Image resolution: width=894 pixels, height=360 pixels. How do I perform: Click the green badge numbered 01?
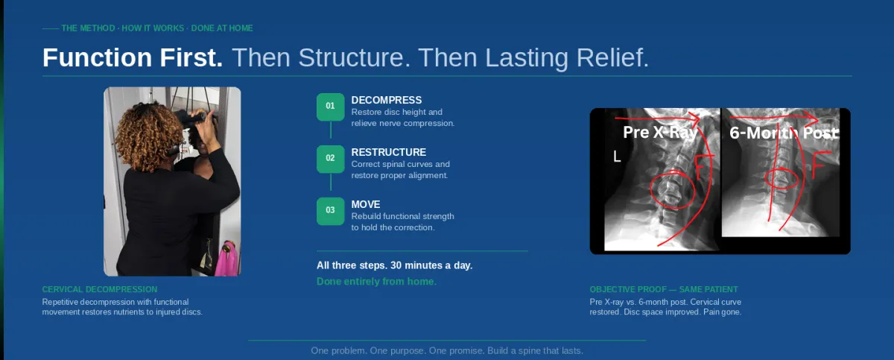point(331,107)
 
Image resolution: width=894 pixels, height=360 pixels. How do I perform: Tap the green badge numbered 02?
point(331,159)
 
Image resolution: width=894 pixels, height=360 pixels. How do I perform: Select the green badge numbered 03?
point(331,211)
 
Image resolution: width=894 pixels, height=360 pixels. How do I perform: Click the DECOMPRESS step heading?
point(387,100)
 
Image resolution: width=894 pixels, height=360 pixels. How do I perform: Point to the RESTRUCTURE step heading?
point(389,152)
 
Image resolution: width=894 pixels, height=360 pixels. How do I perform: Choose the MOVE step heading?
point(366,204)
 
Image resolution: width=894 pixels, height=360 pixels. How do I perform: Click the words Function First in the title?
point(133,57)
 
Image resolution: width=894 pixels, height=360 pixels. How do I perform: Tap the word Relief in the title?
point(612,57)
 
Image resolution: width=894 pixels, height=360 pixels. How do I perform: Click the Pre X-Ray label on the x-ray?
point(660,132)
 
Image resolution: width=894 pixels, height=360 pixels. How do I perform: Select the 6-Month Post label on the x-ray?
point(784,133)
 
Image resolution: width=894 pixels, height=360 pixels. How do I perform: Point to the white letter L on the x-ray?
point(617,157)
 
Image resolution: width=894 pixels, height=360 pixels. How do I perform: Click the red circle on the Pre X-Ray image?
point(650,192)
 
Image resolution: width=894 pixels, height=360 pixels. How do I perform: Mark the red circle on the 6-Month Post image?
point(765,179)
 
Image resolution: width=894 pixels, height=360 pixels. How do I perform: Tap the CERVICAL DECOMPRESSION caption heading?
point(100,289)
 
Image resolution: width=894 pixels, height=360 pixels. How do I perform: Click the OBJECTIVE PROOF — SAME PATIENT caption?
point(664,289)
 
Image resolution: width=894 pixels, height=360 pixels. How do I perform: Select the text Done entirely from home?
point(376,282)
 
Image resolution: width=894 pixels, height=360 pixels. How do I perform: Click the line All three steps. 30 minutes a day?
point(394,265)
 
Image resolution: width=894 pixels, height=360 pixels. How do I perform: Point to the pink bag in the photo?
point(226,259)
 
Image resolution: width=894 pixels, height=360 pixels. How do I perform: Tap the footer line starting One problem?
point(447,351)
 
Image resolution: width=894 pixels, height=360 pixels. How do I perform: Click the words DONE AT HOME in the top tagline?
point(222,28)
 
